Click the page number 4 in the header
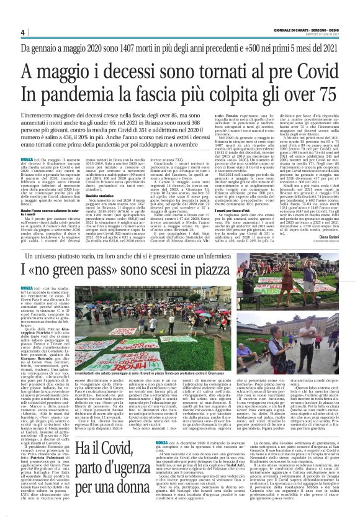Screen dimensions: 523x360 coord(22,32)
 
